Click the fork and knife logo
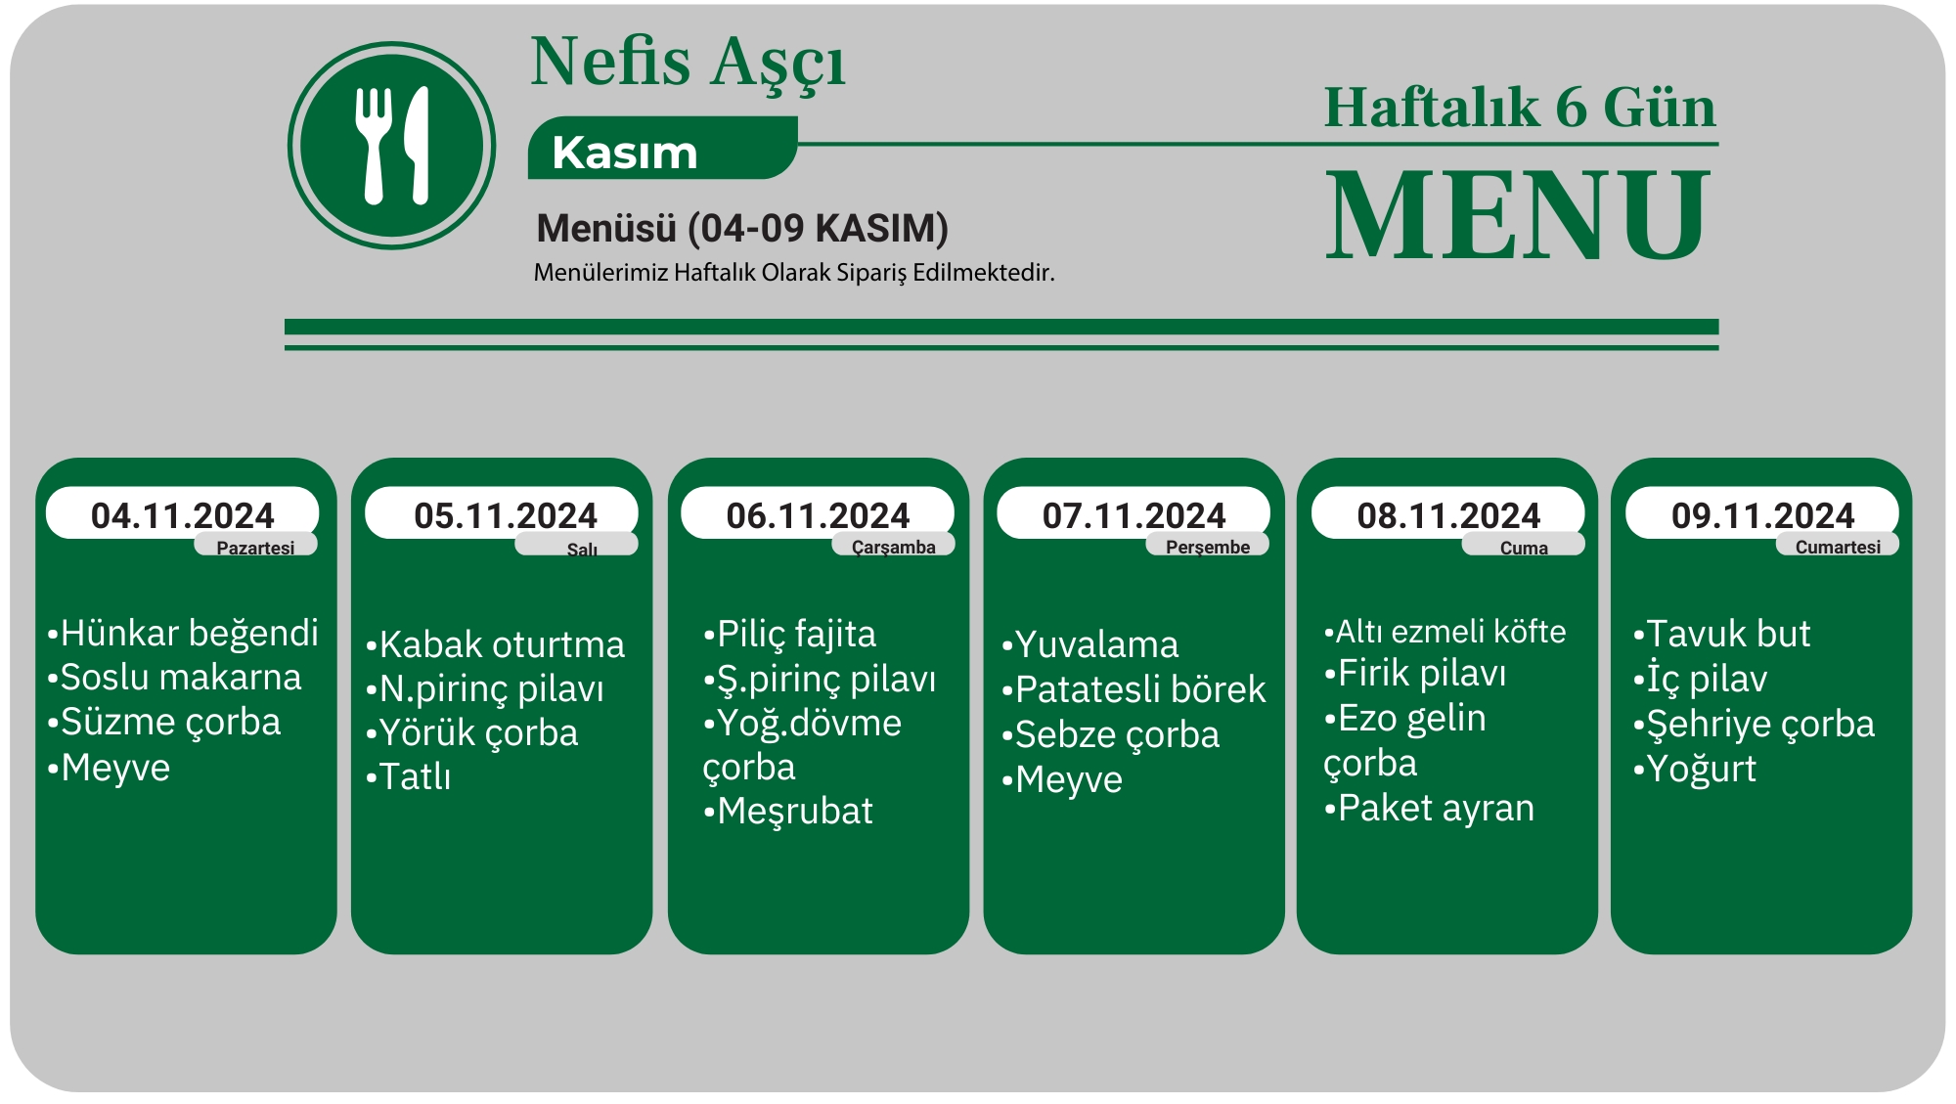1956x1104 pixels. (x=391, y=146)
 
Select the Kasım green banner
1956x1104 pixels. (x=662, y=149)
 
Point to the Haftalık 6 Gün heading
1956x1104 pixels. (x=1520, y=107)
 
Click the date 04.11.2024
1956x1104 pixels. (x=183, y=515)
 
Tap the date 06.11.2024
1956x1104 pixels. (x=818, y=515)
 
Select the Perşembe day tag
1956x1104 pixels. (x=1207, y=546)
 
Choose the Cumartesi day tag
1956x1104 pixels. (x=1837, y=546)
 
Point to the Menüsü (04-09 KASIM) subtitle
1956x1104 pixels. (x=742, y=228)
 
